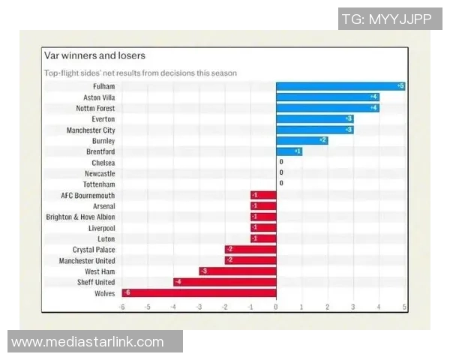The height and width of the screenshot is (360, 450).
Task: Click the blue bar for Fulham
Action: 341,86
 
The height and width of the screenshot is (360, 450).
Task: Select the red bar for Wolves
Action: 199,293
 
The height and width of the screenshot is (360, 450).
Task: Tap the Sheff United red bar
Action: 225,282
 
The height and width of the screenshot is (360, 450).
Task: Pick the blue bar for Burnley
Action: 302,140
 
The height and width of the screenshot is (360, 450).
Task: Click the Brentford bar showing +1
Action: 289,151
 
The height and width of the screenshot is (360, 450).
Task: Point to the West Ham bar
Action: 238,271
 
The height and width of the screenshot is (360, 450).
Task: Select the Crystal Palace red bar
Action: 250,250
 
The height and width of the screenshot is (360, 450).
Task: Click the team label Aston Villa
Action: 99,97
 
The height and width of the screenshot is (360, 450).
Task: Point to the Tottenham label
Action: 99,184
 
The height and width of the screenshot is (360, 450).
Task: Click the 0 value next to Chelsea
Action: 281,162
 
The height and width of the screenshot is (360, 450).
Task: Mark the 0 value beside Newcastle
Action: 281,173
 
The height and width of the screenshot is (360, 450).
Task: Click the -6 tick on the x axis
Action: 121,307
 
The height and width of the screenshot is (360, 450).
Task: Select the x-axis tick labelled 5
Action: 404,307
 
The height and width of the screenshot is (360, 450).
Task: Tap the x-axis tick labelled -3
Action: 199,307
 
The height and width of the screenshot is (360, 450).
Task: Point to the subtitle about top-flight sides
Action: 140,73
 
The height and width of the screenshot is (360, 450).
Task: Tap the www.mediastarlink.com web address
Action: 88,342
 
